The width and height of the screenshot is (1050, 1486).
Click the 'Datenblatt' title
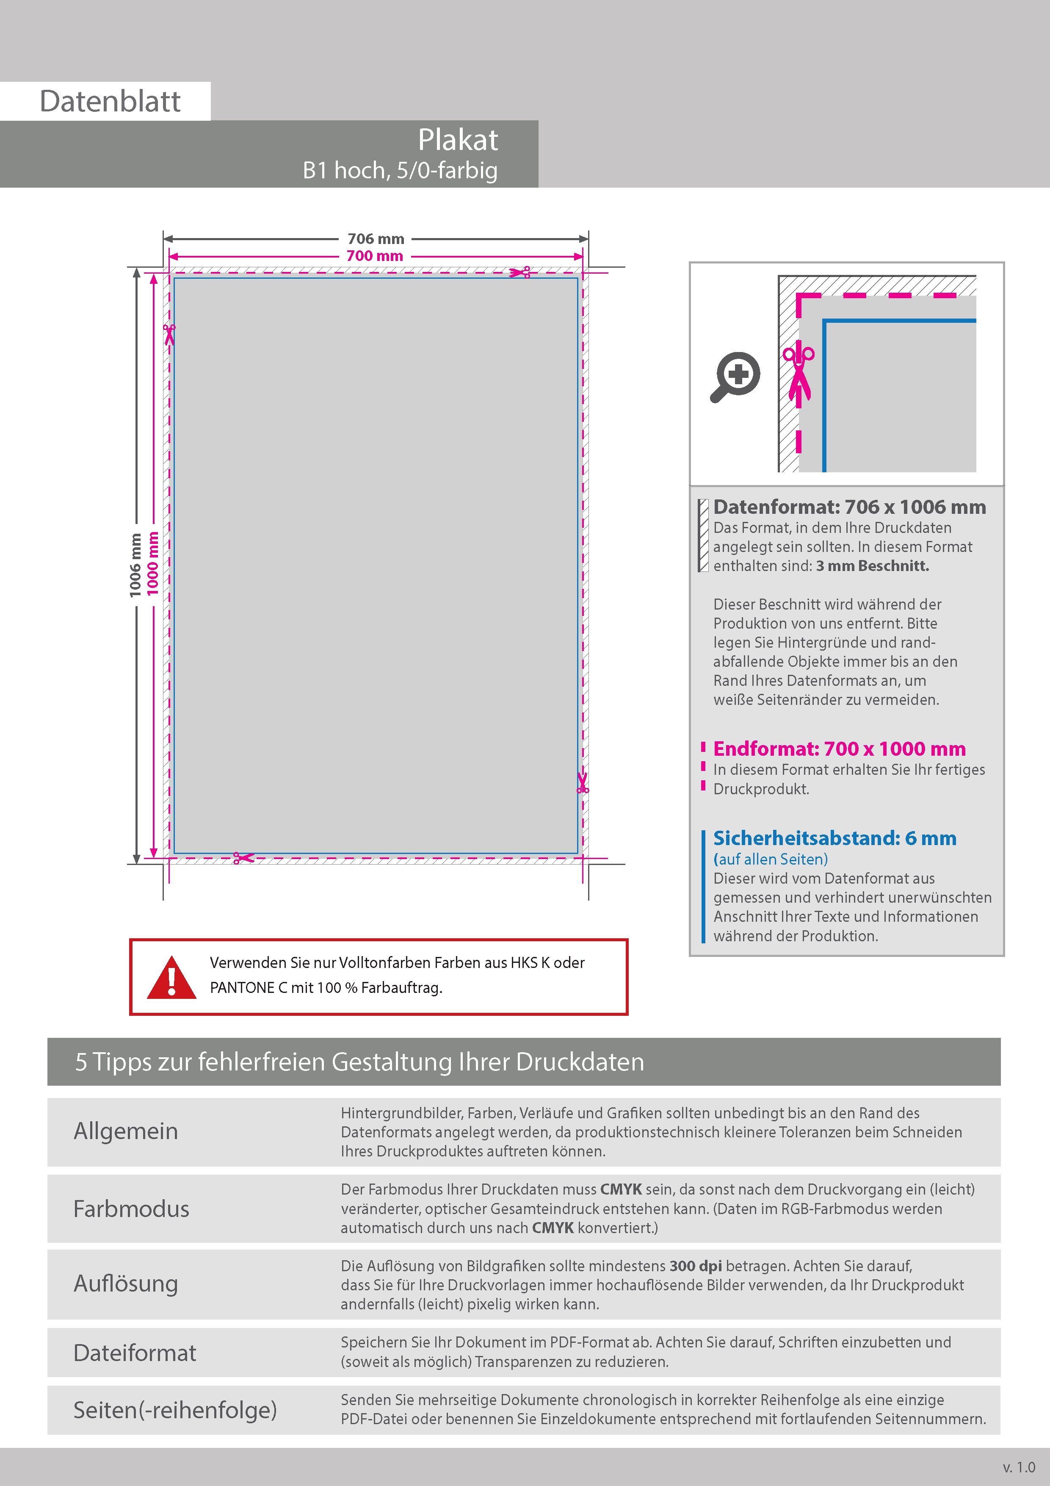(x=110, y=102)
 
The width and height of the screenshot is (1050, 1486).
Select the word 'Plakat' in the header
(x=457, y=140)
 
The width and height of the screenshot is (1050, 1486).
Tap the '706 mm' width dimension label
(x=375, y=239)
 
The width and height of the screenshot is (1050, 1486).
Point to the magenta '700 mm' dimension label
(x=375, y=256)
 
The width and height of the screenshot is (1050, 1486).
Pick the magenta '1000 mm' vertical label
(x=153, y=563)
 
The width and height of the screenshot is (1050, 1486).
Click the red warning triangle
(x=171, y=977)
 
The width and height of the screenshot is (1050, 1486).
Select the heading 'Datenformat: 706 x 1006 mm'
(x=849, y=507)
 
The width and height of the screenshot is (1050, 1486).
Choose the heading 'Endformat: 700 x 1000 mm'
(x=839, y=749)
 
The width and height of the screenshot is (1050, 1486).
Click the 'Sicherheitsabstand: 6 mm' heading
(x=834, y=838)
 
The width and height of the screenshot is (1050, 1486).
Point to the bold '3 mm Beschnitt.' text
(x=872, y=566)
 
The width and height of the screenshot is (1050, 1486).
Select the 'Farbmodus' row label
(x=131, y=1209)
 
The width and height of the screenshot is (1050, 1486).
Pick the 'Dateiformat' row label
(x=135, y=1353)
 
